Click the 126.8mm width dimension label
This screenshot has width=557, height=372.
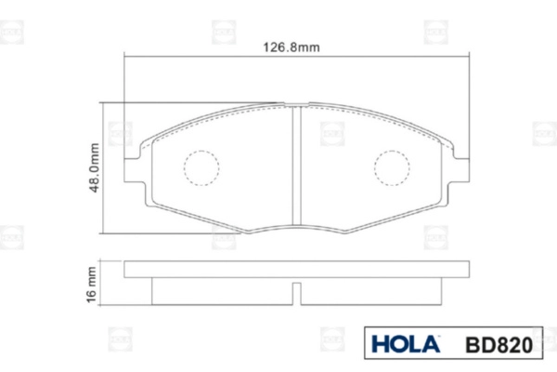pyautogui.click(x=291, y=47)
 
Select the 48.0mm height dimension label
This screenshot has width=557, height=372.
pyautogui.click(x=94, y=167)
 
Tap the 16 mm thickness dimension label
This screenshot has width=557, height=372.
pyautogui.click(x=91, y=285)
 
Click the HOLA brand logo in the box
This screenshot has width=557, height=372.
pyautogui.click(x=406, y=344)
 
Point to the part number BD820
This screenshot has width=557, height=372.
pyautogui.click(x=499, y=345)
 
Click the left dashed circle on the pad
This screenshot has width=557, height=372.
pyautogui.click(x=201, y=168)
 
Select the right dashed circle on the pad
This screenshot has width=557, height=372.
pyautogui.click(x=392, y=168)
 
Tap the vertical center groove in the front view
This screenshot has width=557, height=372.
pyautogui.click(x=297, y=166)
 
